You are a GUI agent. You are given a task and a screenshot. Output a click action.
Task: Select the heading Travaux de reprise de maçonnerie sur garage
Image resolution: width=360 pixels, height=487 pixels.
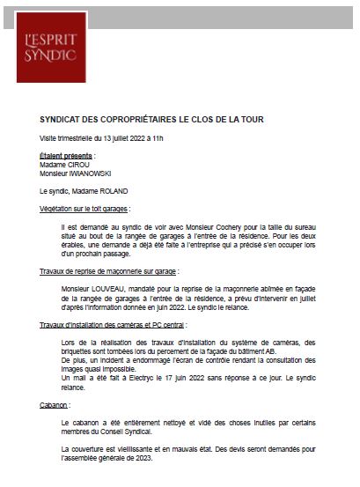click(108, 271)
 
